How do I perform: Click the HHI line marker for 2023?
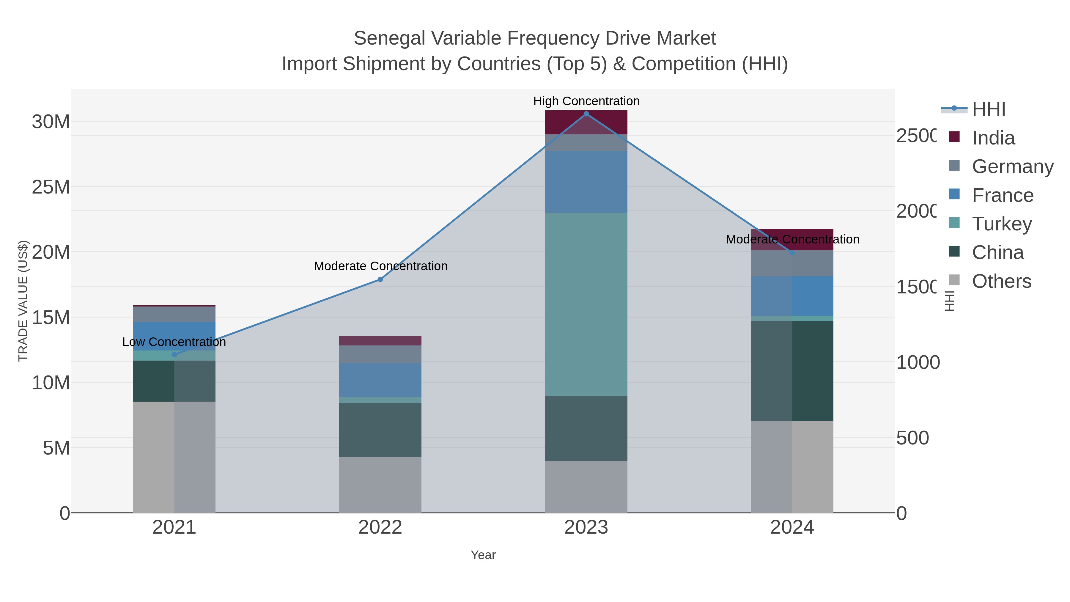[x=586, y=114]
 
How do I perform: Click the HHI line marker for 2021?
[x=174, y=354]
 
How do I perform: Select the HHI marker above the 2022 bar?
[x=380, y=280]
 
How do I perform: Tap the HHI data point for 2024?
[x=792, y=253]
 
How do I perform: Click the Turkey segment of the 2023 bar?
[x=586, y=304]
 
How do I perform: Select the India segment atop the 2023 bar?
[x=586, y=122]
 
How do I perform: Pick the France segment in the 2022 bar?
[x=380, y=380]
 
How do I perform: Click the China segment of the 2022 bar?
[x=380, y=430]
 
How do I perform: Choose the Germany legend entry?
[x=1012, y=166]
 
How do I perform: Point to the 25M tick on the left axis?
[x=51, y=187]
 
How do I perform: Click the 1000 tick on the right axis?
[x=918, y=362]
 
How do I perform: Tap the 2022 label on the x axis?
[x=380, y=527]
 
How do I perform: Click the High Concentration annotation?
[x=586, y=101]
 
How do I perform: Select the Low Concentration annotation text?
[x=174, y=342]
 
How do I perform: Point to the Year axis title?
[x=483, y=555]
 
